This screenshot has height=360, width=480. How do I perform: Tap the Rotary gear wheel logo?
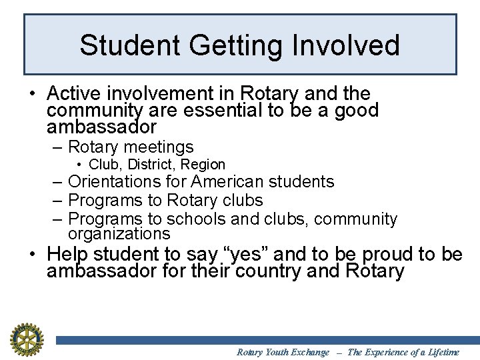(x=26, y=338)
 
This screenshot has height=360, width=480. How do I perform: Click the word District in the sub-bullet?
(x=151, y=164)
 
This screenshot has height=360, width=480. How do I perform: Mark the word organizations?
(x=119, y=234)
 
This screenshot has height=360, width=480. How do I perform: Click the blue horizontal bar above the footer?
(x=267, y=340)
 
